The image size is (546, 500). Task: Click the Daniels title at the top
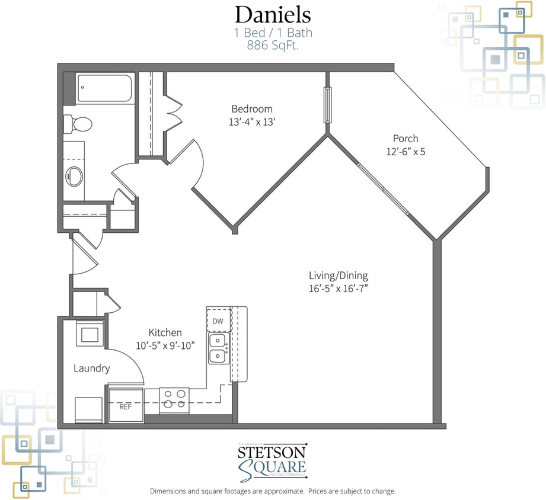(273, 14)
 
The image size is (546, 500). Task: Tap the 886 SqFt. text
(273, 44)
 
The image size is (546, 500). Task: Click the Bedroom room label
(252, 109)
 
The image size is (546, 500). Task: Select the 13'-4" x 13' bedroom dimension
(252, 122)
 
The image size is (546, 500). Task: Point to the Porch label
(405, 139)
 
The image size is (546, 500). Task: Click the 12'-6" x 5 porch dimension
(405, 152)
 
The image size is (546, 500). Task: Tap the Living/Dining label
(338, 275)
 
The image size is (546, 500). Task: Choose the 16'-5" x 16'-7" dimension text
(338, 289)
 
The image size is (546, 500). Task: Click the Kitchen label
(165, 333)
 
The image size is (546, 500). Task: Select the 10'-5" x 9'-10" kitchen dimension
(165, 345)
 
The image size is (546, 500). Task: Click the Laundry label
(91, 368)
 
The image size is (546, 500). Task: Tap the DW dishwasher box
(218, 320)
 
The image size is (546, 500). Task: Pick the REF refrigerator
(126, 406)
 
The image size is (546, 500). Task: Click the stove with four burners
(174, 399)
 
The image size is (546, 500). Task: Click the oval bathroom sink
(75, 176)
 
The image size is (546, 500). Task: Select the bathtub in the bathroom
(106, 89)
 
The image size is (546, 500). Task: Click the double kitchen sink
(218, 348)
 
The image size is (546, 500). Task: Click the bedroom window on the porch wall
(327, 105)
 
